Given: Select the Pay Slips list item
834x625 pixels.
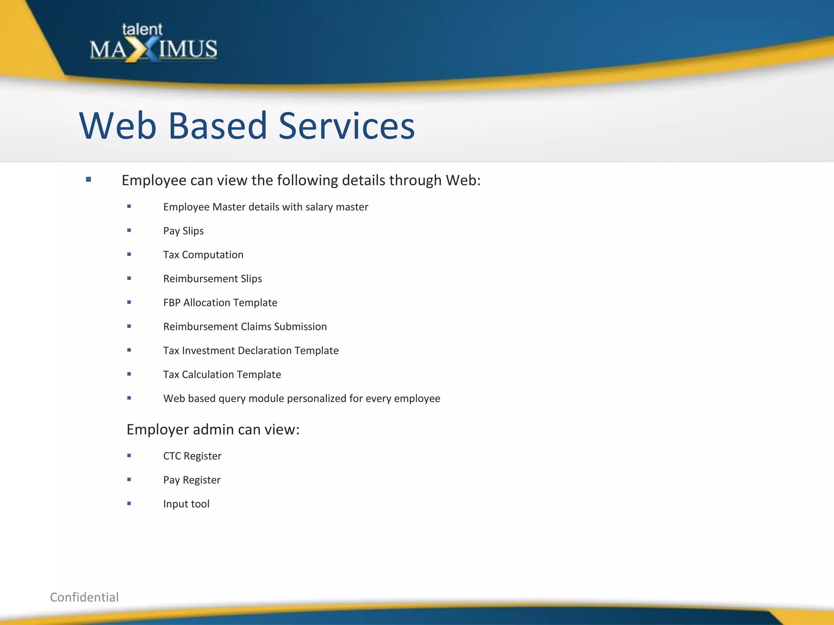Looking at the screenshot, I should pos(183,231).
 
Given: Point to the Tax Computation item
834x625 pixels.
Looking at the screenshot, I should pos(203,255).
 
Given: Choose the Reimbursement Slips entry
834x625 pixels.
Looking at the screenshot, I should pos(212,279).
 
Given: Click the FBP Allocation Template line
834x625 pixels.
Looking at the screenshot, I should pos(220,303).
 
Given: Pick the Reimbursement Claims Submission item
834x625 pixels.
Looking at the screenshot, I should pos(245,327).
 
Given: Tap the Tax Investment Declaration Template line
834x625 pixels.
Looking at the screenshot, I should pos(251,351).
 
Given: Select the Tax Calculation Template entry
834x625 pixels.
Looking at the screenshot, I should pos(222,375).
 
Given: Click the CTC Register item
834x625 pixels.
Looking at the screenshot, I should pos(192,456).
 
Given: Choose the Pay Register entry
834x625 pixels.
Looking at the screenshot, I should pos(192,480).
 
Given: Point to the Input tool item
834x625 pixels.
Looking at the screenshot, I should pos(186,504).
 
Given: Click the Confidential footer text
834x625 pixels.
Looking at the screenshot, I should pos(84,597).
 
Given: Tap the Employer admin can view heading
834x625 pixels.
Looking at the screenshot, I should pos(213,430).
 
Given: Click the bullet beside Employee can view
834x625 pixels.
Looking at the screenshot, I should pos(88,179).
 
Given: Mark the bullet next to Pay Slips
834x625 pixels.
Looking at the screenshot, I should pos(129,230).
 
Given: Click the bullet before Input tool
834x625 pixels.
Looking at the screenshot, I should pos(129,503).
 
